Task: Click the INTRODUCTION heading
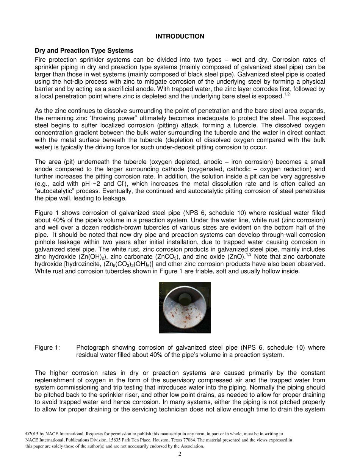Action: tap(180, 36)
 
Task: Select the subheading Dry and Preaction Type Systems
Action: tap(84, 50)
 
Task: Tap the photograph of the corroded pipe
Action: tap(185, 308)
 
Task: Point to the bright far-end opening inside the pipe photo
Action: tap(185, 296)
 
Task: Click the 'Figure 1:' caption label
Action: tap(47, 348)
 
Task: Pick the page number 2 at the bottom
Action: tap(180, 454)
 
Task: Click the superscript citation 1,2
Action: tap(286, 94)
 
